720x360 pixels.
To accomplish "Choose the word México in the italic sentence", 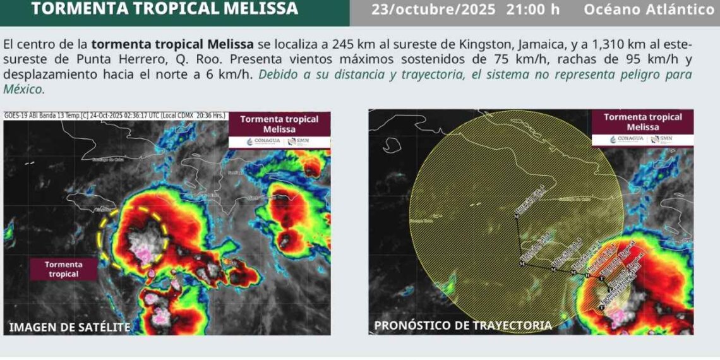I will (23, 89).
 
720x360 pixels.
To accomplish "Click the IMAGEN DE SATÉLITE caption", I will (69, 327).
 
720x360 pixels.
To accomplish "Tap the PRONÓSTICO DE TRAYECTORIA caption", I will (463, 325).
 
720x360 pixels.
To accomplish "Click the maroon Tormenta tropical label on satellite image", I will (64, 269).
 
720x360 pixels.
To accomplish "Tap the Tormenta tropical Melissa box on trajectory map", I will (642, 122).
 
